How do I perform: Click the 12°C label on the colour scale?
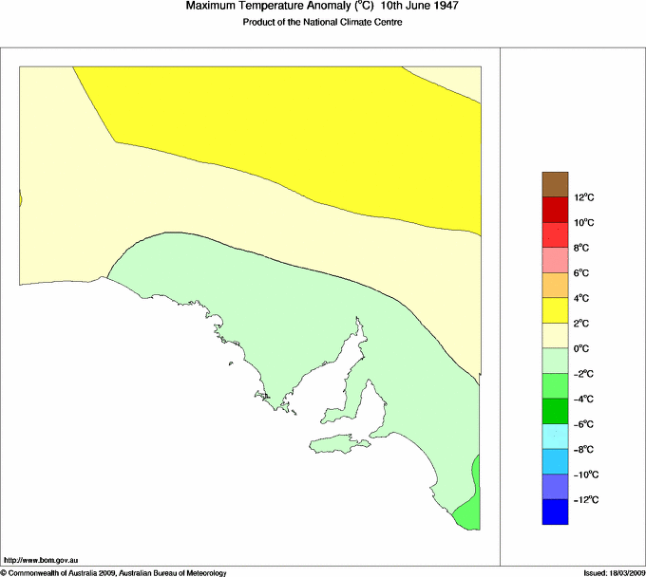pos(584,197)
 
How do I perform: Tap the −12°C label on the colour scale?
pos(584,499)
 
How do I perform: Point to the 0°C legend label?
pos(582,348)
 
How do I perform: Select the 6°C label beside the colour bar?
pos(582,272)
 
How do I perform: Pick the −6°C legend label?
pos(584,424)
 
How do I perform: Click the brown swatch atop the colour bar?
pos(555,184)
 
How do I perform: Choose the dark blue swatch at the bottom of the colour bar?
pos(555,512)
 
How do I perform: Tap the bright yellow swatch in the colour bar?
pos(555,310)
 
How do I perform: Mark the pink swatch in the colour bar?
pos(555,260)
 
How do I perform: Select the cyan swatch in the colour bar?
pos(555,437)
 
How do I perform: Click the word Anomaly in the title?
pos(316,7)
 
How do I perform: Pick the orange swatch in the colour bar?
pos(555,285)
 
